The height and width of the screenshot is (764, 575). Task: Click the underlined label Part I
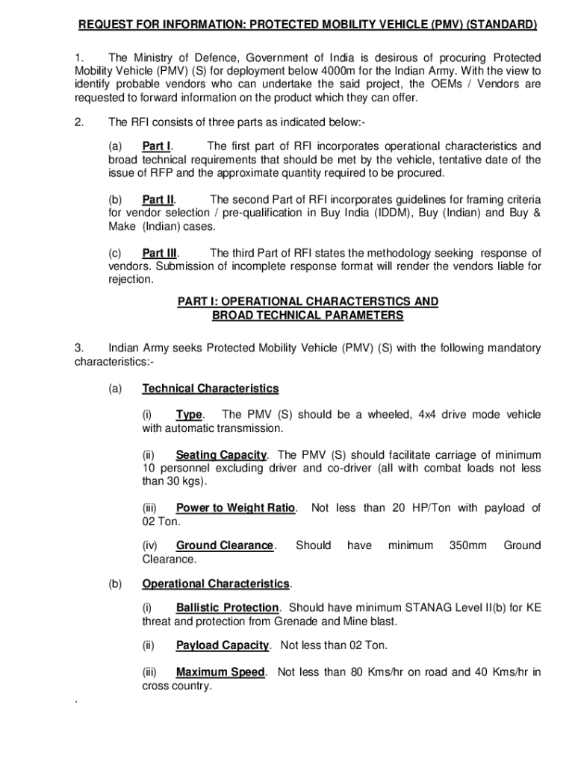[x=157, y=146]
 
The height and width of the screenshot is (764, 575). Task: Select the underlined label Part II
[x=158, y=200]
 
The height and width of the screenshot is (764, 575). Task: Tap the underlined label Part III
[x=160, y=254]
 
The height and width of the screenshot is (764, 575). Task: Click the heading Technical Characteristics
[x=211, y=389]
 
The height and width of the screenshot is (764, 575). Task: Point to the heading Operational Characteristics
[x=216, y=583]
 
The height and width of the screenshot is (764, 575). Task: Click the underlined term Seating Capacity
[x=221, y=455]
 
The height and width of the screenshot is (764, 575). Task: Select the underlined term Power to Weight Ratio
[x=236, y=509]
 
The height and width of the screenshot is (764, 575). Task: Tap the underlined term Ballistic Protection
[x=228, y=608]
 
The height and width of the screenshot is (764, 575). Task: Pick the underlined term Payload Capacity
[x=223, y=645]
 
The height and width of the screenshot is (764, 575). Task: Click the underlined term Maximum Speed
[x=220, y=672]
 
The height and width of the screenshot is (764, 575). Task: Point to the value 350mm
[x=467, y=546]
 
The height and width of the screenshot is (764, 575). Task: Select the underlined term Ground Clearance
[x=225, y=546]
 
